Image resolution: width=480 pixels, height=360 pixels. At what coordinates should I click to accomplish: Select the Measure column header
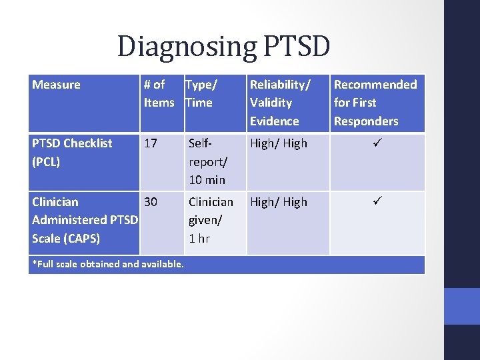tap(56, 85)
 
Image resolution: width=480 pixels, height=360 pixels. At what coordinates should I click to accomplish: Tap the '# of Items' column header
tap(159, 93)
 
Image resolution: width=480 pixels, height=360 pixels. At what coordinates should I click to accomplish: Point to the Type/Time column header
tap(200, 93)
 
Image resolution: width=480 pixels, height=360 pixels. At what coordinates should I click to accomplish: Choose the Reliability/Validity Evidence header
tap(279, 103)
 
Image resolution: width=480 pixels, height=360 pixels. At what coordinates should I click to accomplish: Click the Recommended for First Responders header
tap(375, 103)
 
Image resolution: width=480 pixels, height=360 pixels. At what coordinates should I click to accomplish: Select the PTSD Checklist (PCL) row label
tap(72, 152)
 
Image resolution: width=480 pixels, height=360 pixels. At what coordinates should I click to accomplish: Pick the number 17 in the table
tap(151, 143)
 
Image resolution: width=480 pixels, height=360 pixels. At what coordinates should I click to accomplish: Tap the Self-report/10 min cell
tap(207, 161)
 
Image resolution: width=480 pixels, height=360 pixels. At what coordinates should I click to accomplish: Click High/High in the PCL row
tap(279, 143)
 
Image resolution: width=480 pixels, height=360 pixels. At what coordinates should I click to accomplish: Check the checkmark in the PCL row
tap(376, 143)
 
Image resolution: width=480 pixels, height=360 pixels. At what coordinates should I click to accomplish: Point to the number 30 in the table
tap(151, 202)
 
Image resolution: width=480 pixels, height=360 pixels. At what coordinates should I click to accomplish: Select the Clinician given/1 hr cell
tap(211, 220)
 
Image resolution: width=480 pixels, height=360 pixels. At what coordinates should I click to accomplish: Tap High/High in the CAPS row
tap(279, 202)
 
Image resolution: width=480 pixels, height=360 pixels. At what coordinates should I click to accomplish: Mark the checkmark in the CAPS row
tap(376, 202)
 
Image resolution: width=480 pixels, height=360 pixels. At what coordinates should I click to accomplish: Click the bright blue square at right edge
tap(462, 306)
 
